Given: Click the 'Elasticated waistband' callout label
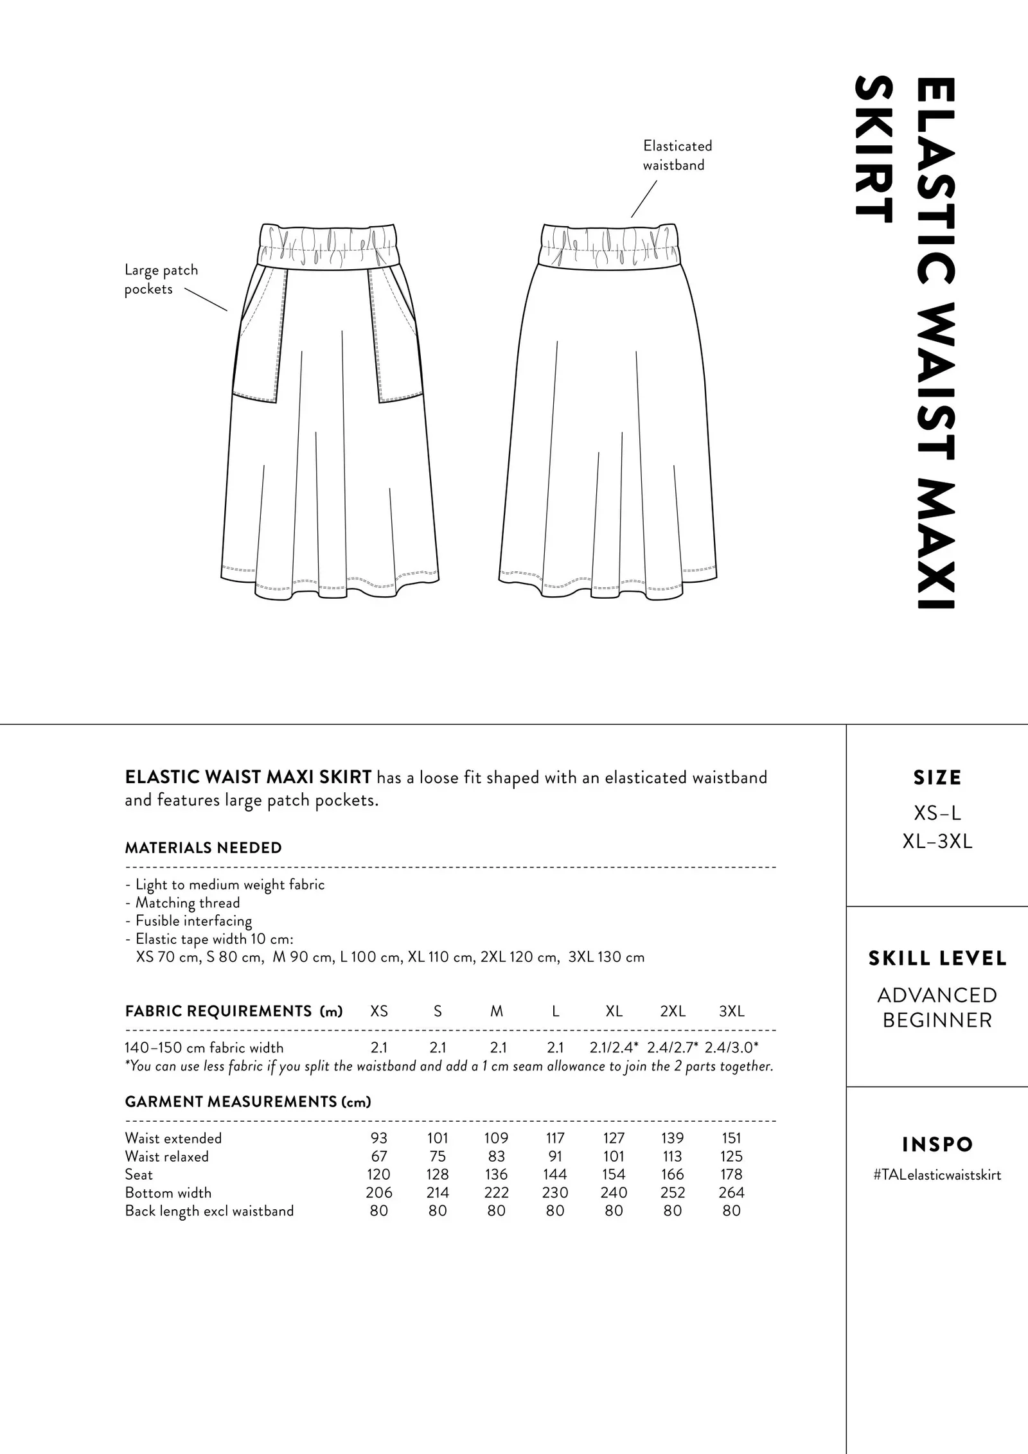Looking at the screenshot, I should pyautogui.click(x=677, y=155).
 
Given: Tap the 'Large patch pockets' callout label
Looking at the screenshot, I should pyautogui.click(x=161, y=279).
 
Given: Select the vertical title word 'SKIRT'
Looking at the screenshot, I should pyautogui.click(x=874, y=150).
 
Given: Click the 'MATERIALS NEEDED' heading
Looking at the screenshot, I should pyautogui.click(x=203, y=848).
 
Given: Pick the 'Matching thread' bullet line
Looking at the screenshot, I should pyautogui.click(x=188, y=903).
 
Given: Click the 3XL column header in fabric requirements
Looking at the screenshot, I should pyautogui.click(x=731, y=1011).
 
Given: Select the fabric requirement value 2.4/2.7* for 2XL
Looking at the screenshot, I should pyautogui.click(x=672, y=1047).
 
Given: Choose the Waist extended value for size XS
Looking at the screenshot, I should pyautogui.click(x=379, y=1138).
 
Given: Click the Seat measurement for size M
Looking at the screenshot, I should pyautogui.click(x=496, y=1175).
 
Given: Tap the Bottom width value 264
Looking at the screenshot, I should pyautogui.click(x=731, y=1192).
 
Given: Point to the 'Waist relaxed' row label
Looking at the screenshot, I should pyautogui.click(x=167, y=1157).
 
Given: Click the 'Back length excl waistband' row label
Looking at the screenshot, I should pyautogui.click(x=209, y=1211).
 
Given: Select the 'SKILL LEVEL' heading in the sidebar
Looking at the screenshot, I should pyautogui.click(x=937, y=959).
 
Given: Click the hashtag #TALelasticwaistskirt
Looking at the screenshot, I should pyautogui.click(x=937, y=1175).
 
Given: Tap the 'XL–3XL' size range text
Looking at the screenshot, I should pyautogui.click(x=937, y=842).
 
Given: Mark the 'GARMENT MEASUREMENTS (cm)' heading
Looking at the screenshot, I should pyautogui.click(x=248, y=1102).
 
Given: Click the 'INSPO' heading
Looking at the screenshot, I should pyautogui.click(x=937, y=1144).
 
